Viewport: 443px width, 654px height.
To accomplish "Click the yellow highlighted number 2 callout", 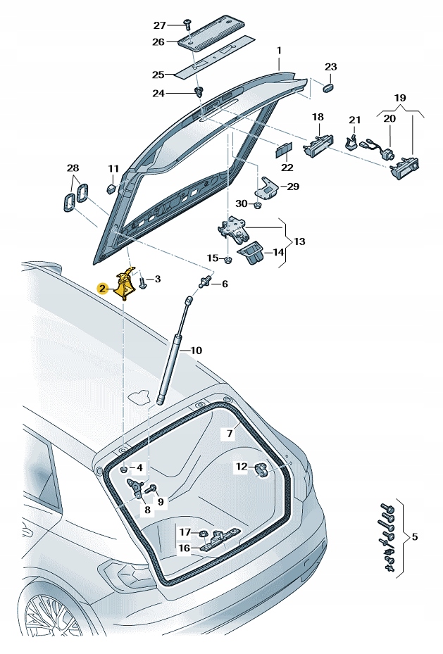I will (x=103, y=288).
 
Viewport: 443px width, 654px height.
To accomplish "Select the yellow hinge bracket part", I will (x=126, y=284).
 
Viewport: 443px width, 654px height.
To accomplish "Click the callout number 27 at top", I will (x=159, y=25).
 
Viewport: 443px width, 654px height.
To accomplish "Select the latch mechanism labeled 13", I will (x=232, y=229).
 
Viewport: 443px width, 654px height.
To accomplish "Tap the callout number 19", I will (x=400, y=98).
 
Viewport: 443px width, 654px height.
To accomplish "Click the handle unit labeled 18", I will (x=316, y=144).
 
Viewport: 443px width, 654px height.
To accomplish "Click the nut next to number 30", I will (x=258, y=206).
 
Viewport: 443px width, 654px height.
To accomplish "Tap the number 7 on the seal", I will (x=230, y=434).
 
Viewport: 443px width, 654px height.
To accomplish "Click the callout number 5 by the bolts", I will (x=414, y=537).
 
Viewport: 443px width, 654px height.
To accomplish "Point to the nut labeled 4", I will (x=123, y=468).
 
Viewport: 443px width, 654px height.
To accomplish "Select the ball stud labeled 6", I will (x=205, y=283).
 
